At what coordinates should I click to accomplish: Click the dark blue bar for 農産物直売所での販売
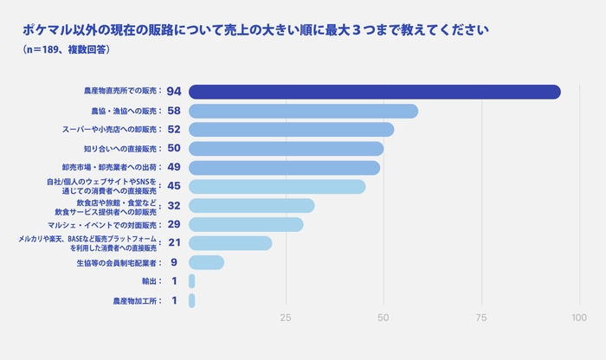pyautogui.click(x=374, y=92)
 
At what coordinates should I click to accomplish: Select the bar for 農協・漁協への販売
pyautogui.click(x=303, y=111)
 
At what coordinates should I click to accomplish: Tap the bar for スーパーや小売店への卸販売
pyautogui.click(x=291, y=130)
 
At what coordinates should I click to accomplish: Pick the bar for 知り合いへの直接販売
pyautogui.click(x=287, y=149)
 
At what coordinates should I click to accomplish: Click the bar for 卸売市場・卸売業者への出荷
pyautogui.click(x=285, y=168)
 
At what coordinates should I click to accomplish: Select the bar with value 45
pyautogui.click(x=277, y=187)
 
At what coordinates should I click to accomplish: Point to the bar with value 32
pyautogui.click(x=252, y=206)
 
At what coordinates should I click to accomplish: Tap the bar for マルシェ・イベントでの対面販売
pyautogui.click(x=246, y=225)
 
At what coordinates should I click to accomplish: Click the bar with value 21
pyautogui.click(x=230, y=243)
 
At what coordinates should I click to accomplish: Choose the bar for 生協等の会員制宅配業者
pyautogui.click(x=206, y=262)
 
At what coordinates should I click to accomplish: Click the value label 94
pyautogui.click(x=174, y=92)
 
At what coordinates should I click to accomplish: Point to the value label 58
pyautogui.click(x=174, y=111)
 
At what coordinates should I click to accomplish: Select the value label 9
pyautogui.click(x=174, y=262)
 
